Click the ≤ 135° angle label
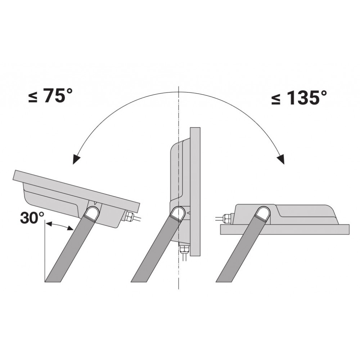pos(299,97)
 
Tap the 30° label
pos(32,218)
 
